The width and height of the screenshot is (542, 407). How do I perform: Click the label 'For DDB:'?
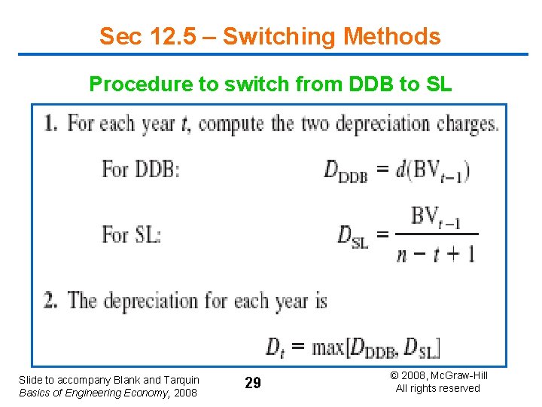coord(141,169)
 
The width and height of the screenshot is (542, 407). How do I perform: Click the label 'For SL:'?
coord(132,234)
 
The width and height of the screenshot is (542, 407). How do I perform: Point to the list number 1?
coord(51,124)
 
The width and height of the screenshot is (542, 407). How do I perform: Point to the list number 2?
coord(51,301)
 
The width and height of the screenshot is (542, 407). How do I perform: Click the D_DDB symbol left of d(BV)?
coord(345,171)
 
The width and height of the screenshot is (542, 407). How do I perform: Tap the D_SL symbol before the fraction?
coord(352,237)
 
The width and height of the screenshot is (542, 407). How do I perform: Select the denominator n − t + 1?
coord(436,254)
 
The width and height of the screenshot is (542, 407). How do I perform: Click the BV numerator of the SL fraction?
coord(435,218)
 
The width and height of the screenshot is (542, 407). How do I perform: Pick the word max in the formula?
coord(328,347)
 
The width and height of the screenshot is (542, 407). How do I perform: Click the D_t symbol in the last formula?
coord(276,347)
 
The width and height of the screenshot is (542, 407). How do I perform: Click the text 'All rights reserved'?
coord(437,388)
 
